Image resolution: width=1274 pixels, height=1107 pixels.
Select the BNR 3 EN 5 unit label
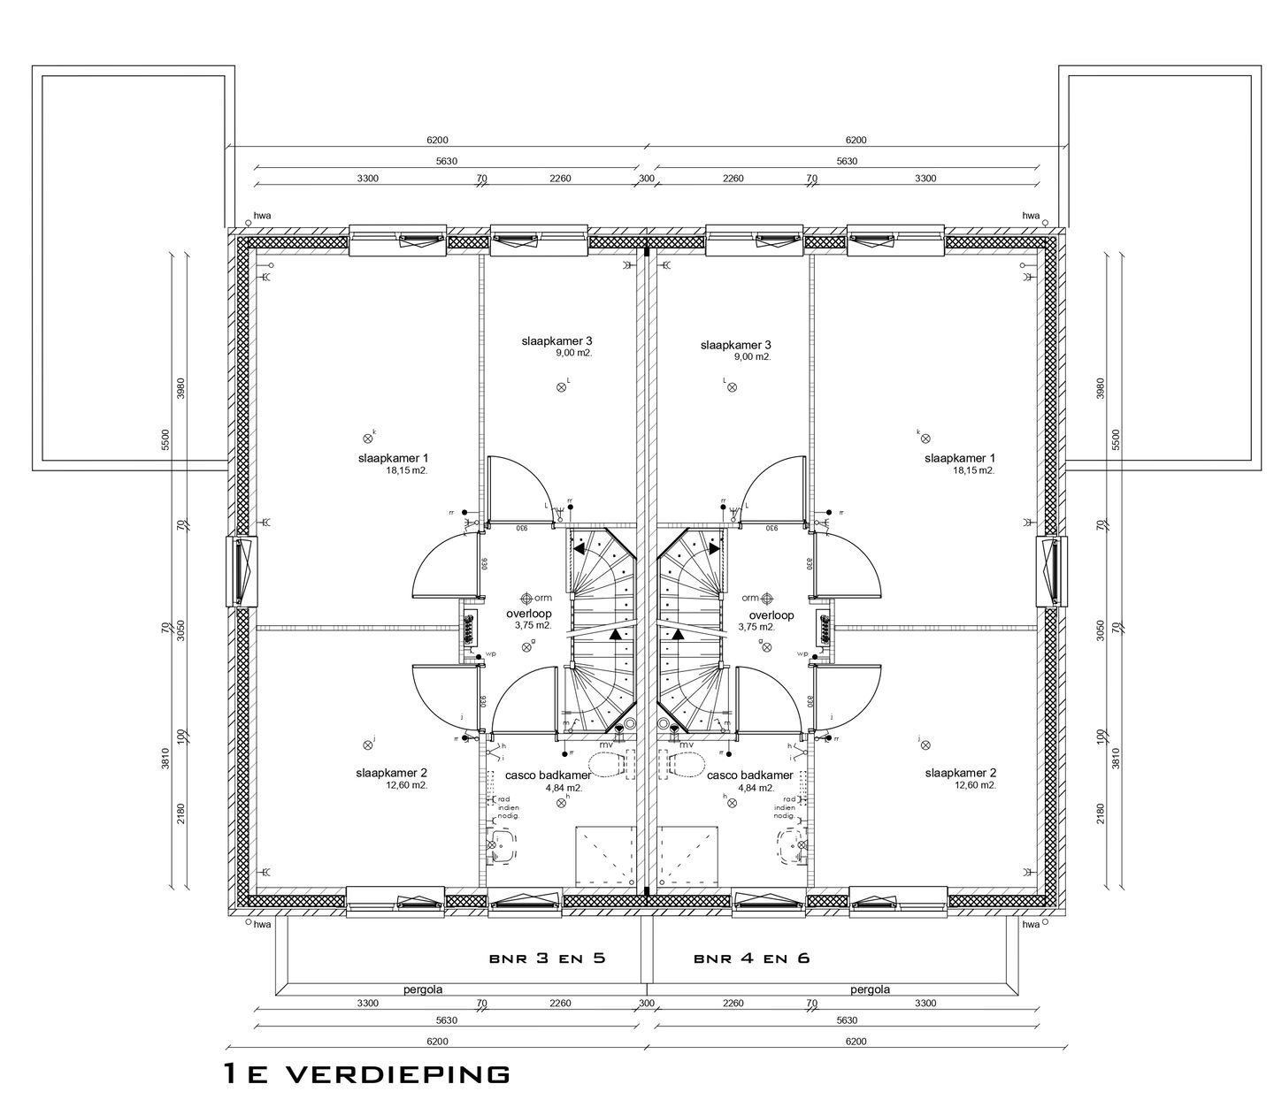pos(546,958)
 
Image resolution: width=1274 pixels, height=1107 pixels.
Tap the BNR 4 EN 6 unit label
pos(751,958)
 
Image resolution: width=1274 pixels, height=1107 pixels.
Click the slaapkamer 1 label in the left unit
pos(393,458)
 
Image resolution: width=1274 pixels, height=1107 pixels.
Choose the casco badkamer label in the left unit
pos(542,775)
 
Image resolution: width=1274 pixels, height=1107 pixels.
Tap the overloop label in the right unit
pos(771,615)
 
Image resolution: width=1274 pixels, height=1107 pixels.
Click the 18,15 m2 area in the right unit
pos(973,470)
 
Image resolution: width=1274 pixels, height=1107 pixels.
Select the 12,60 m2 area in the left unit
pos(406,784)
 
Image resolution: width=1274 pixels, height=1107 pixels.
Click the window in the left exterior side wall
pos(244,571)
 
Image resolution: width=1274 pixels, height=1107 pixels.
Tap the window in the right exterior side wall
pos(1048,571)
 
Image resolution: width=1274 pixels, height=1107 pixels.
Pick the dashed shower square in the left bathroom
pos(606,858)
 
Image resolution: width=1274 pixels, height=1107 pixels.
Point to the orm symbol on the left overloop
pos(528,598)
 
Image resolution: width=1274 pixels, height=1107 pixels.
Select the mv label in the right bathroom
pos(687,745)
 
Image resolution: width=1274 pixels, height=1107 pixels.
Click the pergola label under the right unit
pos(870,989)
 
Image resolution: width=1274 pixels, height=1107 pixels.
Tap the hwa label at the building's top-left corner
pos(262,215)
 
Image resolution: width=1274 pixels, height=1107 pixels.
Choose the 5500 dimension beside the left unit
pos(165,439)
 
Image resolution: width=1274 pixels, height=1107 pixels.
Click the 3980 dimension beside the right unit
pos(1101,389)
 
